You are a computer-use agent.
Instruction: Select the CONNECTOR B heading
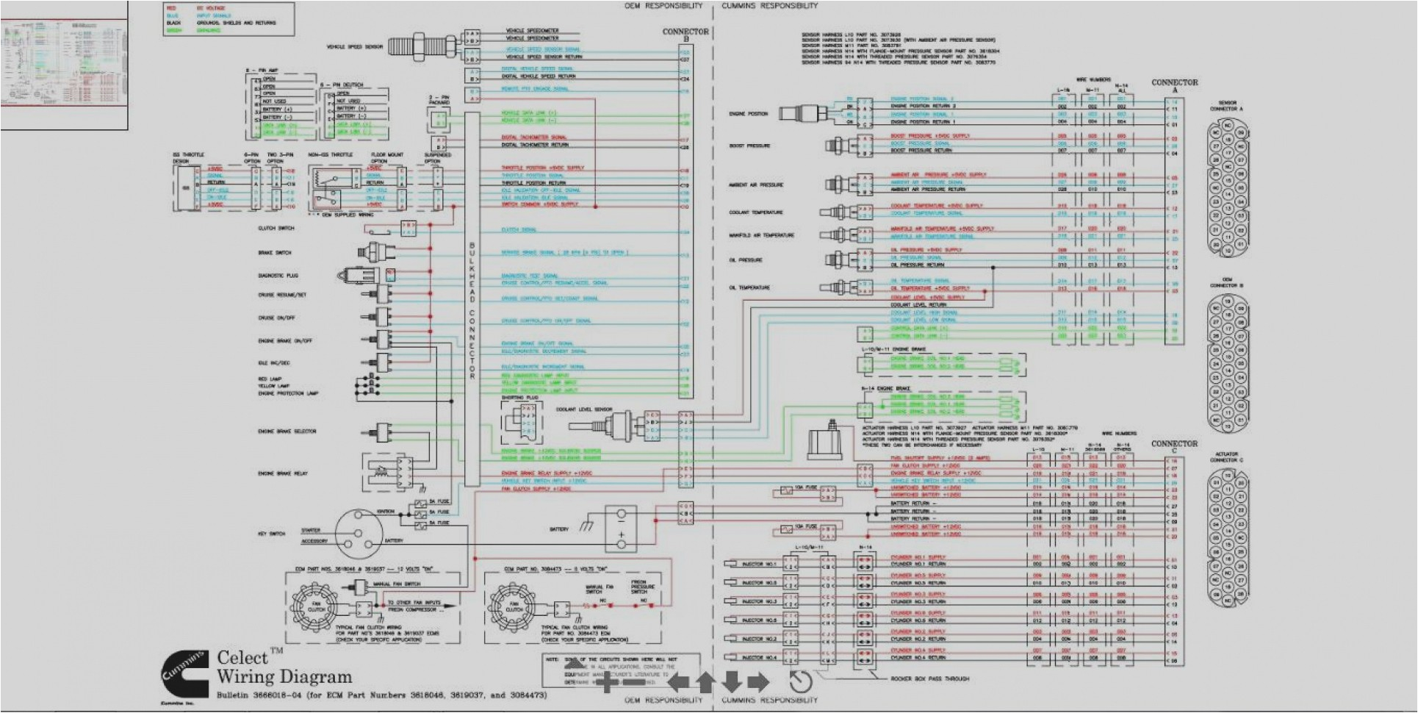685,32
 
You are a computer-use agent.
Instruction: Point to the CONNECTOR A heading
1174,82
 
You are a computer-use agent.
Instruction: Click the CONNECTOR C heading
1174,444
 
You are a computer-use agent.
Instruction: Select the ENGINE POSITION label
748,114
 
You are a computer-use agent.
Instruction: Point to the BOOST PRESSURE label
749,146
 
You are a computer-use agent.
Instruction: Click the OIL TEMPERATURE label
749,287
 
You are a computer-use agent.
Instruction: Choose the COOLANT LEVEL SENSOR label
584,409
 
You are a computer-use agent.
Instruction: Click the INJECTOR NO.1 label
759,564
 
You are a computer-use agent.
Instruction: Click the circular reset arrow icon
801,681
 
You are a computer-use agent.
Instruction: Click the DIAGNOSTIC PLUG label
278,276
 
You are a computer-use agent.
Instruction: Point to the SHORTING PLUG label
520,397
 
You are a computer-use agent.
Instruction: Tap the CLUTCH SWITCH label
276,229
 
